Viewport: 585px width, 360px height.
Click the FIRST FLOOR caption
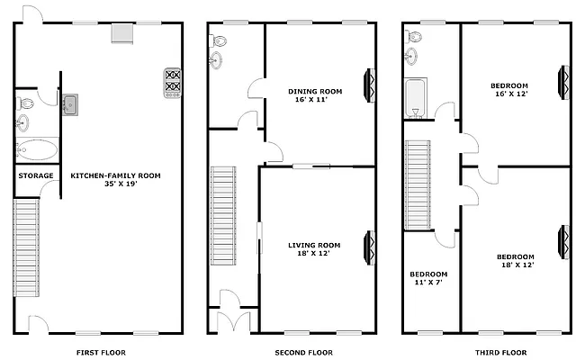coord(100,352)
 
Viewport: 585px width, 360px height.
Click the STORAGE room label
coord(36,175)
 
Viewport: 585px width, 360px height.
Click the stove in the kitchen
coord(172,82)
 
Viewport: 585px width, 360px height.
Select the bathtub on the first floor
coord(37,148)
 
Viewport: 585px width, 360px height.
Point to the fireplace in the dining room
coord(370,86)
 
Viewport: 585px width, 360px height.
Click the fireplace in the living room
coord(370,247)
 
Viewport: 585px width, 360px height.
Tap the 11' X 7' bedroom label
coord(428,278)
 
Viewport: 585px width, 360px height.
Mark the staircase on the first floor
coord(27,247)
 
